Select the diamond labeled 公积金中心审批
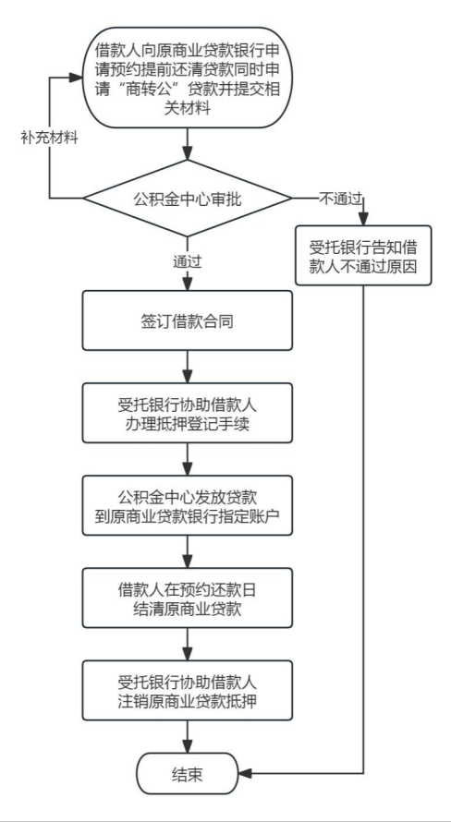pyautogui.click(x=189, y=197)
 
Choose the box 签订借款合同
pyautogui.click(x=189, y=321)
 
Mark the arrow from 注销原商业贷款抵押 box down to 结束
pyautogui.click(x=189, y=737)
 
